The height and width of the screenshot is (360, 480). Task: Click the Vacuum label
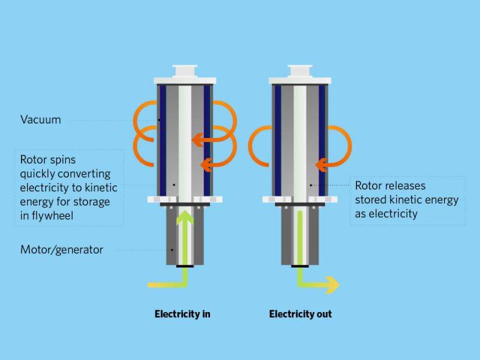pos(40,119)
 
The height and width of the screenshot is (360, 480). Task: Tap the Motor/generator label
pos(62,250)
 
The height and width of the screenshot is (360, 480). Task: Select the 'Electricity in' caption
pos(182,314)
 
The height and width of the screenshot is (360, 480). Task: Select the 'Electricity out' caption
pos(301,314)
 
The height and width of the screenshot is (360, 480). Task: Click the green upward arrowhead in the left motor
pos(185,218)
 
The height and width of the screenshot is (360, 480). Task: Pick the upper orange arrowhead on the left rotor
pos(198,140)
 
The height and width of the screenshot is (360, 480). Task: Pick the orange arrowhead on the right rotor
pos(322,166)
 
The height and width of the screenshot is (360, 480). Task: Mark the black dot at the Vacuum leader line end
pos(159,120)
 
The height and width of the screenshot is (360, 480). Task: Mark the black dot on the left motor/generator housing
pos(172,250)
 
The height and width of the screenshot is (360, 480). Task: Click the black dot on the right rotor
pos(311,185)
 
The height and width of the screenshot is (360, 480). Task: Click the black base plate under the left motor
pos(185,266)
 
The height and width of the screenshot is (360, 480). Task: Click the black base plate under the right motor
pos(300,266)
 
